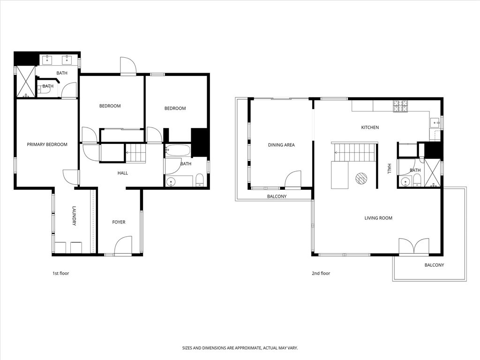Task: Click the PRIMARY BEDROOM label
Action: tap(47, 144)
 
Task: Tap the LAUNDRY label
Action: tap(74, 216)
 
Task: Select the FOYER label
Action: tap(119, 222)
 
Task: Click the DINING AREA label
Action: tap(281, 145)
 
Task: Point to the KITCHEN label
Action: tap(370, 127)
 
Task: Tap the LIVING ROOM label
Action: tap(378, 218)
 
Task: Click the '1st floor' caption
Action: tap(60, 273)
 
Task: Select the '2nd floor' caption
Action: tap(322, 273)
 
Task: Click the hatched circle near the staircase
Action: tap(361, 179)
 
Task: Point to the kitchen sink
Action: tap(435, 123)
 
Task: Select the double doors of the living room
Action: tap(413, 247)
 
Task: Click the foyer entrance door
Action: tap(123, 246)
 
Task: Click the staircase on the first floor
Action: tap(136, 153)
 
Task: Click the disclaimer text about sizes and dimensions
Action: tap(240, 348)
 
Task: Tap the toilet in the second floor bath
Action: tap(416, 180)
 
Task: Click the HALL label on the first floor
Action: tap(122, 173)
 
